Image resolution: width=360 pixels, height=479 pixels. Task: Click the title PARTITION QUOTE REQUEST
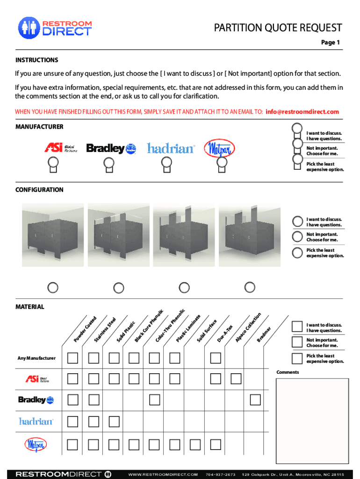coord(278,28)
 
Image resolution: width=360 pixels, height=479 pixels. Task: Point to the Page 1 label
coord(330,43)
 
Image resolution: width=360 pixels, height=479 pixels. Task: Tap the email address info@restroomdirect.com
coord(302,112)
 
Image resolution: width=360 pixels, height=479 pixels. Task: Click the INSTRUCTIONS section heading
coord(37,60)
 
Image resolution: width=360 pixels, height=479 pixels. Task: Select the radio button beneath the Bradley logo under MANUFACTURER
coord(109,163)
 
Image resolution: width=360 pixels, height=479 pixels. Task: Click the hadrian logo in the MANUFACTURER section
coord(171,148)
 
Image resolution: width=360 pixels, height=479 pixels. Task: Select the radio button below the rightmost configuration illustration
coord(250,286)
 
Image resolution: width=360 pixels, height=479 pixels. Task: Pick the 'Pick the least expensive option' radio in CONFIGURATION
coord(297,253)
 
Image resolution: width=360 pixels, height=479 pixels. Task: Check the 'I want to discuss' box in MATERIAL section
coord(297,327)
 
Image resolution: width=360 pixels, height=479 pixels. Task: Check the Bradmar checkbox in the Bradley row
coord(255,400)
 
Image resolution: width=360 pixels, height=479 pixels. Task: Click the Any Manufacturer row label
coord(36,358)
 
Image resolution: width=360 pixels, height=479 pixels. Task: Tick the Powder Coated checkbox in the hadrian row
coord(72,421)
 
